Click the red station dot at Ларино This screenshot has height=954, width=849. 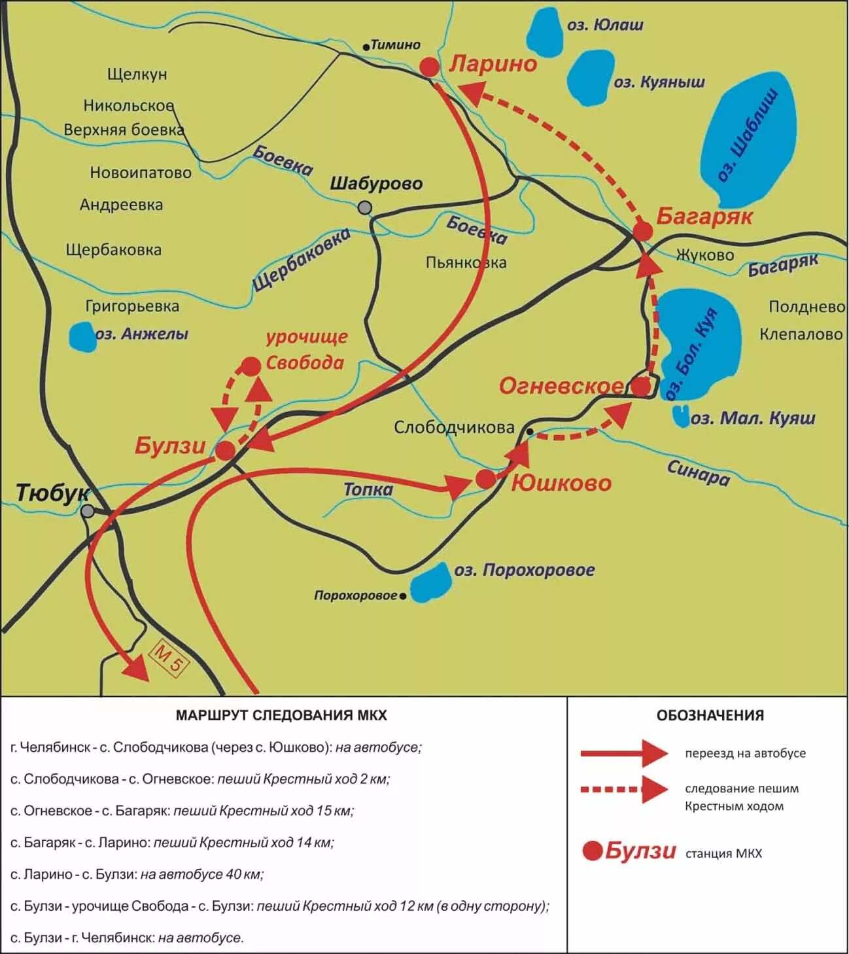tap(429, 67)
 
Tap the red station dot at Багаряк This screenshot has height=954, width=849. tap(643, 230)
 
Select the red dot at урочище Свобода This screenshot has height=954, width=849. tap(251, 366)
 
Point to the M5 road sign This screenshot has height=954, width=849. tap(169, 658)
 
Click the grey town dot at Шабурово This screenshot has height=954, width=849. tap(365, 207)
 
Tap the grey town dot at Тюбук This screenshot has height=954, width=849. tap(88, 511)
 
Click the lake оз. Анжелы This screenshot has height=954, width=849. tap(82, 336)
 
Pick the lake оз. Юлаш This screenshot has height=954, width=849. tap(545, 33)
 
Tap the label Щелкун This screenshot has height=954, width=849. tap(137, 74)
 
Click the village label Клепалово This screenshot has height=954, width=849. tap(801, 334)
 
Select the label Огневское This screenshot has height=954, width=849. tap(561, 386)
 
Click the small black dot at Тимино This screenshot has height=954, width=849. tap(366, 46)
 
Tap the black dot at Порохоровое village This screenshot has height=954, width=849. tap(403, 596)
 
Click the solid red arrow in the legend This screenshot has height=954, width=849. tap(623, 753)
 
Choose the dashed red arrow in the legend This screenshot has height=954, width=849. tap(623, 789)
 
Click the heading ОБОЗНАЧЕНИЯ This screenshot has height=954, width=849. tap(710, 715)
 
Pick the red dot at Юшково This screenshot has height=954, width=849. tap(485, 479)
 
